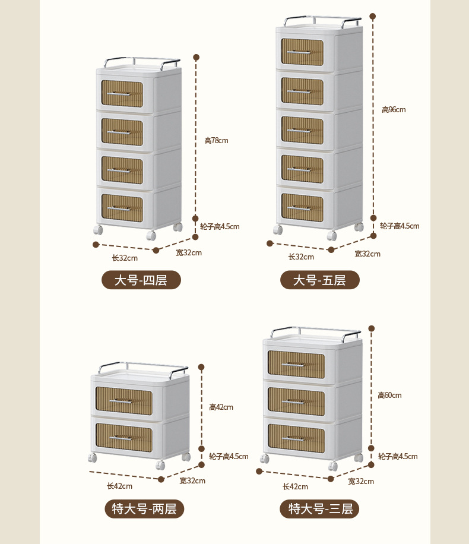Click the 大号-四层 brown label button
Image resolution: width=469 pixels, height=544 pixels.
[141, 280]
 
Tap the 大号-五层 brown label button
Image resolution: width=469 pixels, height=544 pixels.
[320, 280]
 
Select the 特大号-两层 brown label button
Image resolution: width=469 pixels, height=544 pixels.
[144, 508]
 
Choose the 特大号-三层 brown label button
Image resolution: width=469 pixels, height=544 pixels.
[320, 508]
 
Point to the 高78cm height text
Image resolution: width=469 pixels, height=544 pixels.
[216, 141]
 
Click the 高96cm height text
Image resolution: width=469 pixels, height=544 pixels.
[394, 110]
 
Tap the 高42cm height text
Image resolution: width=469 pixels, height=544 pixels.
[221, 407]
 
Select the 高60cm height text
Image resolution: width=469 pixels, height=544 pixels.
[389, 396]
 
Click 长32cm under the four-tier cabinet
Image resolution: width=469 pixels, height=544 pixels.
[125, 258]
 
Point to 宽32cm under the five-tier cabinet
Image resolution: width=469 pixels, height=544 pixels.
[367, 254]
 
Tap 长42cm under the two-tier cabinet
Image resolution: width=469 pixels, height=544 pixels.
[119, 486]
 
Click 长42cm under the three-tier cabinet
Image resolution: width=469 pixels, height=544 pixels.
[295, 486]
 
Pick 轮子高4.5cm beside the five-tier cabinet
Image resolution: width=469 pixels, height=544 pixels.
[400, 226]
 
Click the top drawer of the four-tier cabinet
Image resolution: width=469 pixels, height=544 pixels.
[122, 94]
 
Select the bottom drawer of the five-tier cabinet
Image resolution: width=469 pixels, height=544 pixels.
[302, 207]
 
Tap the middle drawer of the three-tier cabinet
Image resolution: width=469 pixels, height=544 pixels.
[296, 400]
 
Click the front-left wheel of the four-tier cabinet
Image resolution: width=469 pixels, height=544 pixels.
[98, 230]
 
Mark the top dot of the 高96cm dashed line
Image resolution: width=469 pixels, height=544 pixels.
[373, 16]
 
